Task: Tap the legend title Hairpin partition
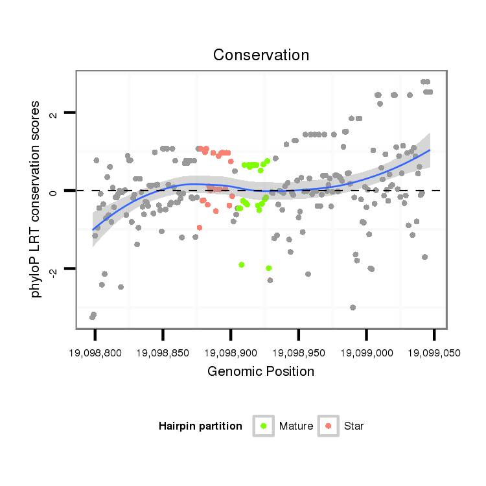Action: coord(200,426)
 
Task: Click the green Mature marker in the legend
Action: coord(264,426)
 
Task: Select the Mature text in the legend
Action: coord(296,426)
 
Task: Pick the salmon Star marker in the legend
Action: coord(329,426)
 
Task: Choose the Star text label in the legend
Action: coord(354,426)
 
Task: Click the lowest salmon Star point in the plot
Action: coord(199,227)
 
